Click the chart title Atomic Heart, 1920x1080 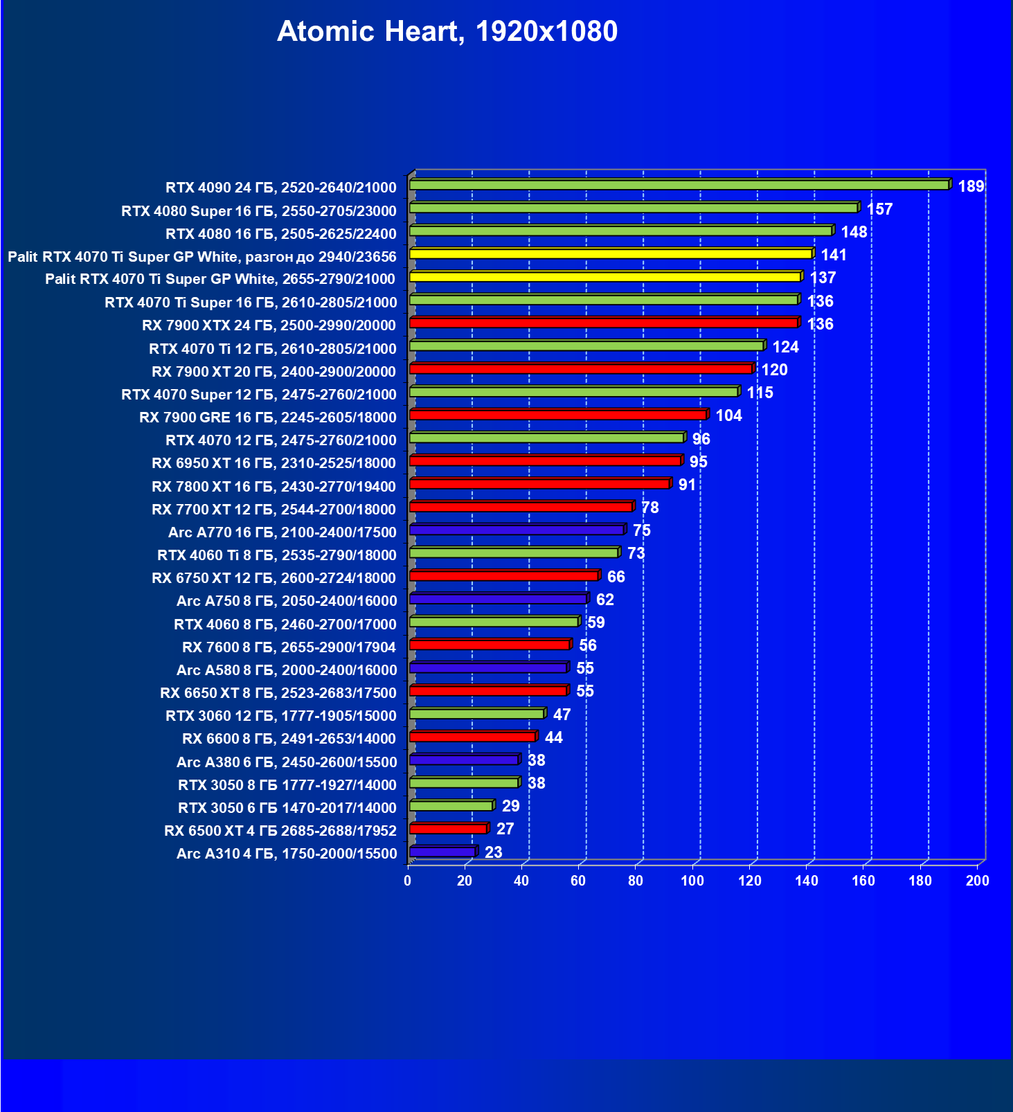point(447,32)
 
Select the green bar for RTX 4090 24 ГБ point(679,185)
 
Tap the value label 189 point(971,186)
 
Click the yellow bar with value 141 point(611,254)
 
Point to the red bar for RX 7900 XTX point(604,323)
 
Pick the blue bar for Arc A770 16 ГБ point(517,530)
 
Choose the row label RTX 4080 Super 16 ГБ point(258,210)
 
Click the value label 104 point(728,415)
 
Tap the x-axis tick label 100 point(692,881)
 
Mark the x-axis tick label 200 point(977,881)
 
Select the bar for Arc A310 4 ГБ point(442,852)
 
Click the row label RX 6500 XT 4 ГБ point(280,830)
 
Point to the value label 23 point(493,852)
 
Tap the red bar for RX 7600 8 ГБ point(490,645)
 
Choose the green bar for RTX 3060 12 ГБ point(476,714)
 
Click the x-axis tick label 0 point(407,881)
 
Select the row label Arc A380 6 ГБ point(287,762)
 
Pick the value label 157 point(879,209)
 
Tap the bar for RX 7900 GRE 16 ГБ point(557,415)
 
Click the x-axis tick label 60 point(578,881)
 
